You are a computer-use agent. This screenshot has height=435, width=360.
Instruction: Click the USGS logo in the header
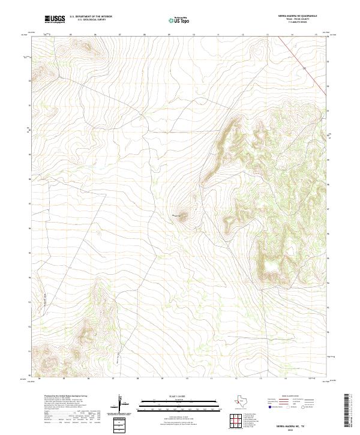[x=55, y=19]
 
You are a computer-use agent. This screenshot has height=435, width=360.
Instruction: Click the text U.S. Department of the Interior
[x=91, y=17]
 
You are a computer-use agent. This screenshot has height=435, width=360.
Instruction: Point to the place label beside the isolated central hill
[x=178, y=214]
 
